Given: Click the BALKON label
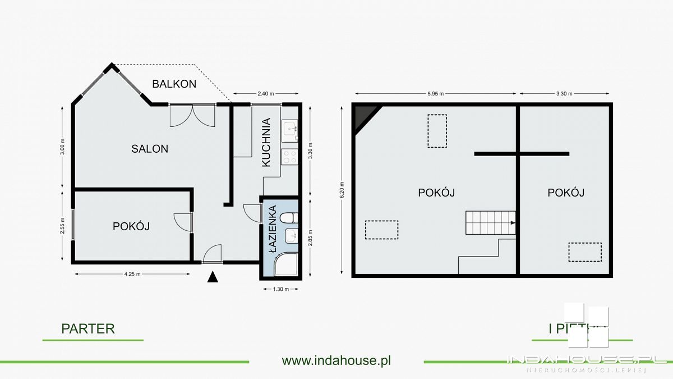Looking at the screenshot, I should pos(174,84).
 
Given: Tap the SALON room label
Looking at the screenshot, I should pos(150,149).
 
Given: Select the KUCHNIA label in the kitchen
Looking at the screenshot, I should pos(266,142).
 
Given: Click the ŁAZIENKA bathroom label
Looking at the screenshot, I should pos(272,230).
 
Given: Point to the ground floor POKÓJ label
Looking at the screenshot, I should pos(131,226).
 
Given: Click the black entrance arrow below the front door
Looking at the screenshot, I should pos(213,277).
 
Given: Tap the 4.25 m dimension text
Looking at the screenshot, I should pos(132,274).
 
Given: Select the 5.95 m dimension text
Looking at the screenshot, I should pos(434,94).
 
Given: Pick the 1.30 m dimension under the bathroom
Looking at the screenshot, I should pos(280,289).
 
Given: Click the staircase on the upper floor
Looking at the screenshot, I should pos(490,223).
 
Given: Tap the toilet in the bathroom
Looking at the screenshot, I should pos(289,218).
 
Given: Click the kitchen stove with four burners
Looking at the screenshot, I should pos(289,157).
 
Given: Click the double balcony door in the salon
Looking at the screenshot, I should pos(192,116).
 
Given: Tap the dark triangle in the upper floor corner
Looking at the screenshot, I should pos(363,116).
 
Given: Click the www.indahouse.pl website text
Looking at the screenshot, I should pos(336,360).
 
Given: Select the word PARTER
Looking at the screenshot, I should pos(88,329).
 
